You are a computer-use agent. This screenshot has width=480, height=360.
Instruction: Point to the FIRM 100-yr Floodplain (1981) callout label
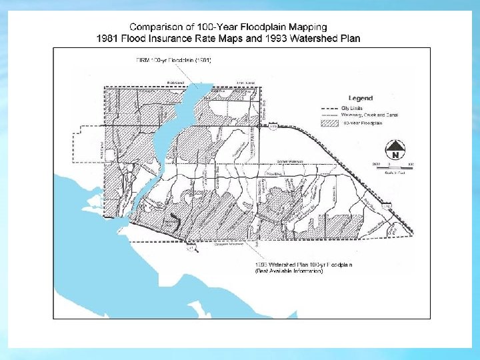(x=173, y=61)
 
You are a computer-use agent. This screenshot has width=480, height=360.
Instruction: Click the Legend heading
(x=360, y=98)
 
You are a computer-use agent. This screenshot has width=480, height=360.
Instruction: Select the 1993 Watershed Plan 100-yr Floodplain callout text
(x=304, y=265)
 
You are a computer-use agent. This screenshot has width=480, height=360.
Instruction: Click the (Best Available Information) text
(x=289, y=271)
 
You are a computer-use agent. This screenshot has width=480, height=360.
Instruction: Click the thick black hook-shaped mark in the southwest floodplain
(x=174, y=222)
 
